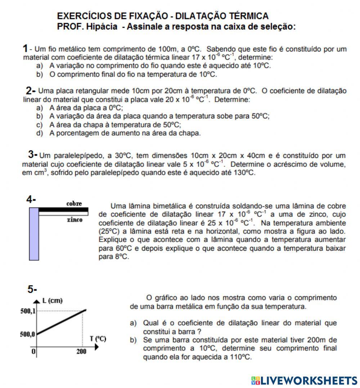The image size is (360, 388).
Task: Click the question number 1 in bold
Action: click(x=25, y=48)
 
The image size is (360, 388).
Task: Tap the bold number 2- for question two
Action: click(x=31, y=90)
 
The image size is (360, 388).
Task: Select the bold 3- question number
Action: click(x=33, y=155)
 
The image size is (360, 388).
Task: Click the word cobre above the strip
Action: click(x=74, y=204)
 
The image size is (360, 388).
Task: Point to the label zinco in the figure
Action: click(x=75, y=220)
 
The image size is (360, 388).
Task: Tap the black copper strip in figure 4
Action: click(x=63, y=209)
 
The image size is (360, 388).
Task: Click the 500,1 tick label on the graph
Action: click(x=27, y=311)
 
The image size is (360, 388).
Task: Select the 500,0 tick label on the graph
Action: click(x=27, y=334)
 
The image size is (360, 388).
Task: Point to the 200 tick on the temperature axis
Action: click(x=81, y=352)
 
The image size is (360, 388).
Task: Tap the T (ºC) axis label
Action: click(x=98, y=339)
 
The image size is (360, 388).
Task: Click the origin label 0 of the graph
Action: click(x=33, y=352)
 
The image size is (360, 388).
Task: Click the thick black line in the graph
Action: click(x=61, y=322)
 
